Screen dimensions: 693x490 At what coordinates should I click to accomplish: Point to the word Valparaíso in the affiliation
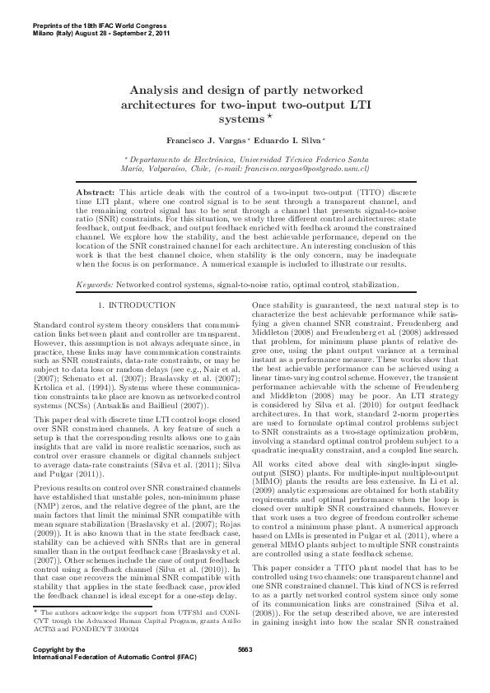click(x=167, y=176)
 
